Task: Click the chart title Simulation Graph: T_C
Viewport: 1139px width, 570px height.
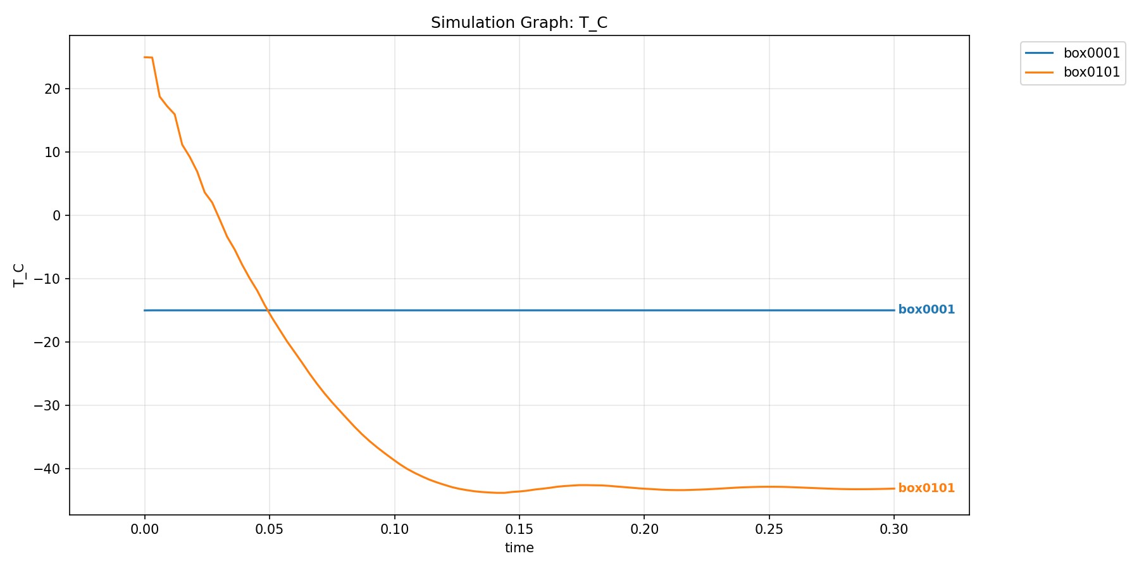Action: pyautogui.click(x=519, y=23)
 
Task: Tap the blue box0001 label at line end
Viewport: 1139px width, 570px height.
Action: pyautogui.click(x=926, y=310)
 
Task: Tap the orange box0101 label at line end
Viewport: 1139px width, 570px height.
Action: pyautogui.click(x=926, y=488)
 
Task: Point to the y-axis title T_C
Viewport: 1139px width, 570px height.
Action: pyautogui.click(x=20, y=275)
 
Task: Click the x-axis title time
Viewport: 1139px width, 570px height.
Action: pyautogui.click(x=519, y=548)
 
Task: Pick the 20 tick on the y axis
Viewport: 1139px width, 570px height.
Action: pyautogui.click(x=53, y=89)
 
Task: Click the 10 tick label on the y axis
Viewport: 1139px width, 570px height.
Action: pyautogui.click(x=53, y=153)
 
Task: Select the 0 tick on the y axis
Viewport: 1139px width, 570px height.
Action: pyautogui.click(x=57, y=216)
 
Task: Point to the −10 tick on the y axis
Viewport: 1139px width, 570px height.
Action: pyautogui.click(x=48, y=279)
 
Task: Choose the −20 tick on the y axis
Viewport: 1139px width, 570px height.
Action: pyautogui.click(x=48, y=343)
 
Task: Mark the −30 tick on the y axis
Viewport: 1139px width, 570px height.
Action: pyautogui.click(x=48, y=406)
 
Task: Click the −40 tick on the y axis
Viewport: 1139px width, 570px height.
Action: pyautogui.click(x=48, y=469)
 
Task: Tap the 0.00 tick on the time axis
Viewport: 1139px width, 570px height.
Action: pyautogui.click(x=145, y=529)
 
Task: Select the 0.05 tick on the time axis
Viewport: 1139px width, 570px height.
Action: pyautogui.click(x=270, y=529)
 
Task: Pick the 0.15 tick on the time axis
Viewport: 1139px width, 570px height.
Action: pyautogui.click(x=519, y=529)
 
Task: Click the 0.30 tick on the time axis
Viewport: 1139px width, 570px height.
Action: pyautogui.click(x=893, y=529)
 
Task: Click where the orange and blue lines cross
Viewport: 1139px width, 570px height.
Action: pyautogui.click(x=268, y=310)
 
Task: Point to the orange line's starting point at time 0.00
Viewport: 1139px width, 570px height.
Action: pyautogui.click(x=145, y=57)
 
